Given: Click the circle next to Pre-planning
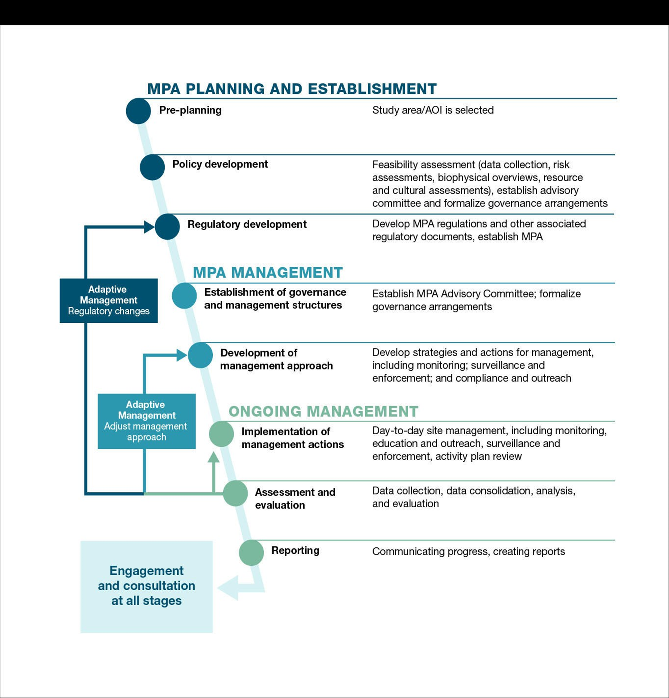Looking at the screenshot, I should [x=139, y=111].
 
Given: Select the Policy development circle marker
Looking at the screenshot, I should [x=152, y=167].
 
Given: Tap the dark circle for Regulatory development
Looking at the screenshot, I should [x=167, y=227].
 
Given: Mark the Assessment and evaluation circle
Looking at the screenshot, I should [x=235, y=493].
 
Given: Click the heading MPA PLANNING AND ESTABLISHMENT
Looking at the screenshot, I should [x=292, y=89].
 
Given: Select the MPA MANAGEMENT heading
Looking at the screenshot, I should [x=268, y=273].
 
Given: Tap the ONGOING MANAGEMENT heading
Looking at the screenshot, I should [x=323, y=411].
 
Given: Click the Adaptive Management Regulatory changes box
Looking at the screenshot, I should [x=109, y=301].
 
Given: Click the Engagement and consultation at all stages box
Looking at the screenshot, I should [x=147, y=586].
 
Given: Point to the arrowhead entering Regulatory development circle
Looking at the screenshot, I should [x=149, y=227].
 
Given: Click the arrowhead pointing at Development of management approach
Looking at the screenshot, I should [x=182, y=355].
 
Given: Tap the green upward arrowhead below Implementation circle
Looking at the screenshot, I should [x=214, y=458].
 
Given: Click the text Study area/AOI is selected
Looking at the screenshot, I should [x=433, y=110].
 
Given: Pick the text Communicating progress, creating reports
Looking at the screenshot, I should [x=468, y=552].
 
